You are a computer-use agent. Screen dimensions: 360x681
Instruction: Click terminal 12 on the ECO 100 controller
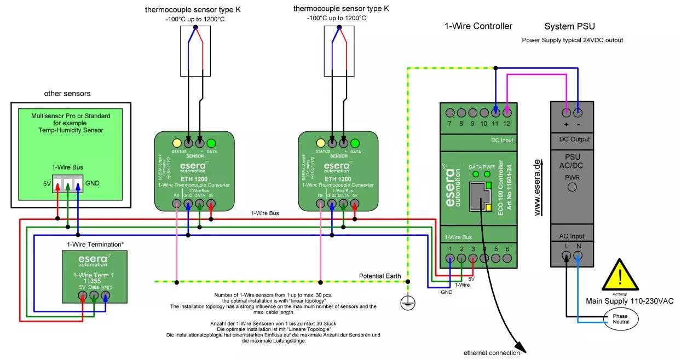(507, 113)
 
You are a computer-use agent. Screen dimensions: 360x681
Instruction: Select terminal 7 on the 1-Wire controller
(450, 113)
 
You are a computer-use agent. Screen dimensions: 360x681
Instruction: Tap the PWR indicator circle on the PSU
(572, 187)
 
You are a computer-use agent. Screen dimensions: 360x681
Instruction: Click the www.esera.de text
(538, 187)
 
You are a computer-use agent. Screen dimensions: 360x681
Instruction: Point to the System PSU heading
(569, 26)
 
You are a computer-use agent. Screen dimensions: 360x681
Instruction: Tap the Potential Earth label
(380, 276)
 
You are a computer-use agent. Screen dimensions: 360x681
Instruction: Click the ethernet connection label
(491, 353)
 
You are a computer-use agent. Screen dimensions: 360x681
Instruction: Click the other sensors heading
(67, 94)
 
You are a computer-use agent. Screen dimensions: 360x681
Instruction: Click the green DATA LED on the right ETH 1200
(355, 143)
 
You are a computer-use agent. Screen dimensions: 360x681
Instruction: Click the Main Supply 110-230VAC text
(630, 301)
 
